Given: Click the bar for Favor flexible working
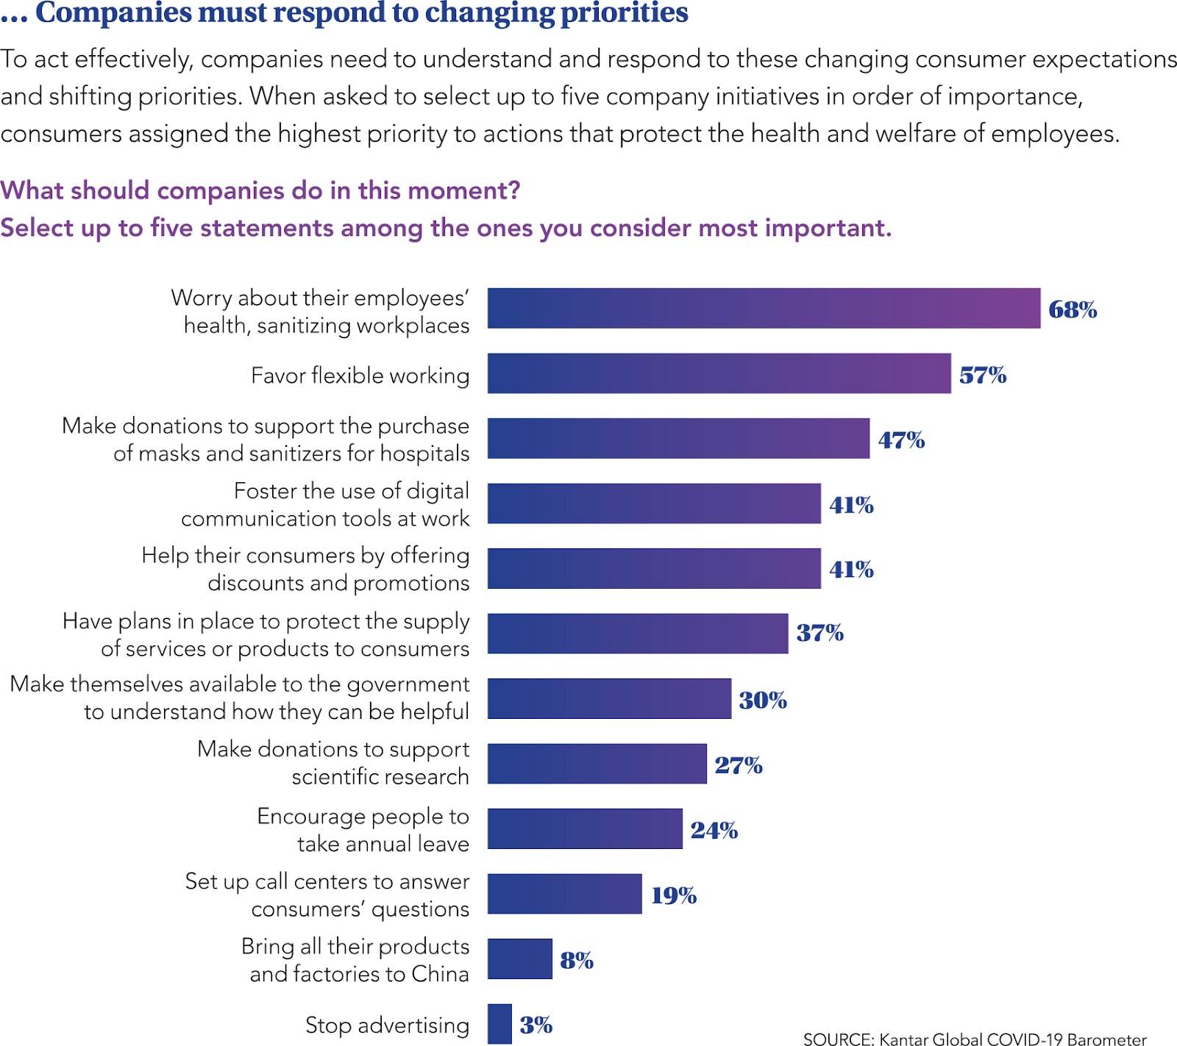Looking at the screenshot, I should click(719, 373).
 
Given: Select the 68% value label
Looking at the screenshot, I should click(1072, 309).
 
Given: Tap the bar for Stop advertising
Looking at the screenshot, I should click(499, 1023).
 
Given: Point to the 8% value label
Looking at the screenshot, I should click(576, 960).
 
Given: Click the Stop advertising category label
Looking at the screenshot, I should click(387, 1025).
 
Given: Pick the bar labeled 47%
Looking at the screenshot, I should click(678, 438).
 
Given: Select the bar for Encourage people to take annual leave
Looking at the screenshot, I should click(585, 828).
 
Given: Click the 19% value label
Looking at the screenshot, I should click(673, 895).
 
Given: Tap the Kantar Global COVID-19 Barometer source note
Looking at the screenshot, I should click(975, 1039).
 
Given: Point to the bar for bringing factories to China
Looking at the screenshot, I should click(519, 959).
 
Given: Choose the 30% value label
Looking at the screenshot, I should click(762, 700).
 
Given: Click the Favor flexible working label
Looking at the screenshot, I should click(360, 376).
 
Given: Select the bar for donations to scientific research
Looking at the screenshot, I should click(597, 764).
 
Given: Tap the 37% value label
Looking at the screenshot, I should click(819, 633).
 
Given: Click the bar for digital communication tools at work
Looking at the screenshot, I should click(654, 504).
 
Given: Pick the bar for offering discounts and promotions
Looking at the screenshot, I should click(654, 568).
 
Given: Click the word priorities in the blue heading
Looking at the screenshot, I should click(625, 12).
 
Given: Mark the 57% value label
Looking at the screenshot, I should click(982, 375).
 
